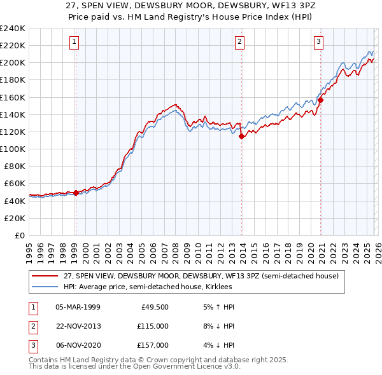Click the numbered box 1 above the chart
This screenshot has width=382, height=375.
click(x=74, y=43)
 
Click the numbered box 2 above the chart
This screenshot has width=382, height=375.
click(x=240, y=43)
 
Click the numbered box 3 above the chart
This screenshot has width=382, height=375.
click(x=318, y=43)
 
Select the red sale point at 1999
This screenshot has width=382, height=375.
click(x=76, y=193)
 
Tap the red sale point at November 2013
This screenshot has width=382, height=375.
click(x=241, y=136)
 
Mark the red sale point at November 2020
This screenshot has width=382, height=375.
click(x=321, y=100)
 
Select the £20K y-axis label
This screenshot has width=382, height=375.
click(x=15, y=218)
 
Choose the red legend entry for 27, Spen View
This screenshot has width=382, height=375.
click(x=204, y=276)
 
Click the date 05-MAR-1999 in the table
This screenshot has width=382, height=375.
click(x=78, y=307)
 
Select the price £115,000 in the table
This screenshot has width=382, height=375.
click(x=153, y=326)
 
